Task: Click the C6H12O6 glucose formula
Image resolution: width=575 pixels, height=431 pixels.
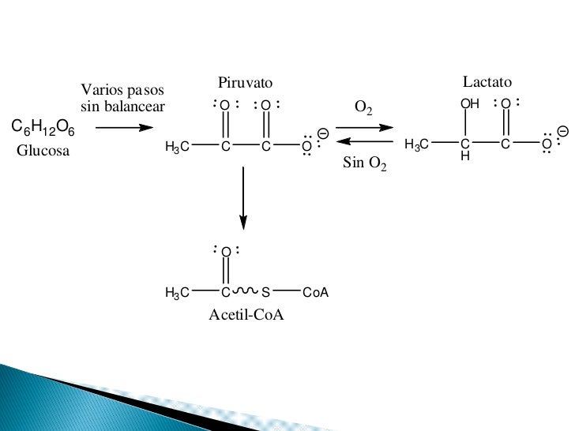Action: pos(43,128)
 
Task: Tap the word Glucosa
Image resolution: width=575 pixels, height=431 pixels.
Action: pos(43,151)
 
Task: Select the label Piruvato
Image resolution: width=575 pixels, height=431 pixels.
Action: pos(245,84)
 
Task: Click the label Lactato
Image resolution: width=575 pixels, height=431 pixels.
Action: pos(487,82)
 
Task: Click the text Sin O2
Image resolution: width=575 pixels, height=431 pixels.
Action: pos(365,164)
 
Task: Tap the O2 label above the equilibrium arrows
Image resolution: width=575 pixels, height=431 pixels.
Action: pos(363,107)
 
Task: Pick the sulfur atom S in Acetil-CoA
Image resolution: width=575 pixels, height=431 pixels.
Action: pos(265,293)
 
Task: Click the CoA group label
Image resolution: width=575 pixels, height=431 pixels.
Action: pos(315,293)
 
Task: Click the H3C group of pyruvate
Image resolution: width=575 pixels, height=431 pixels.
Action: pos(177,147)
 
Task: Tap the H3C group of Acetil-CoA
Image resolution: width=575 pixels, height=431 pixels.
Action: pos(177,293)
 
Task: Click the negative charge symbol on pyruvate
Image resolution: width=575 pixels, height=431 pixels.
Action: pos(323,133)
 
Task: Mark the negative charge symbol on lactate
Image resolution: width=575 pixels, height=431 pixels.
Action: pos(562,130)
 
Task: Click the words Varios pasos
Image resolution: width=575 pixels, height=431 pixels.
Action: pos(122,91)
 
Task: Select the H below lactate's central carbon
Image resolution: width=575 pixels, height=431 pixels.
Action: pos(465,157)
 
